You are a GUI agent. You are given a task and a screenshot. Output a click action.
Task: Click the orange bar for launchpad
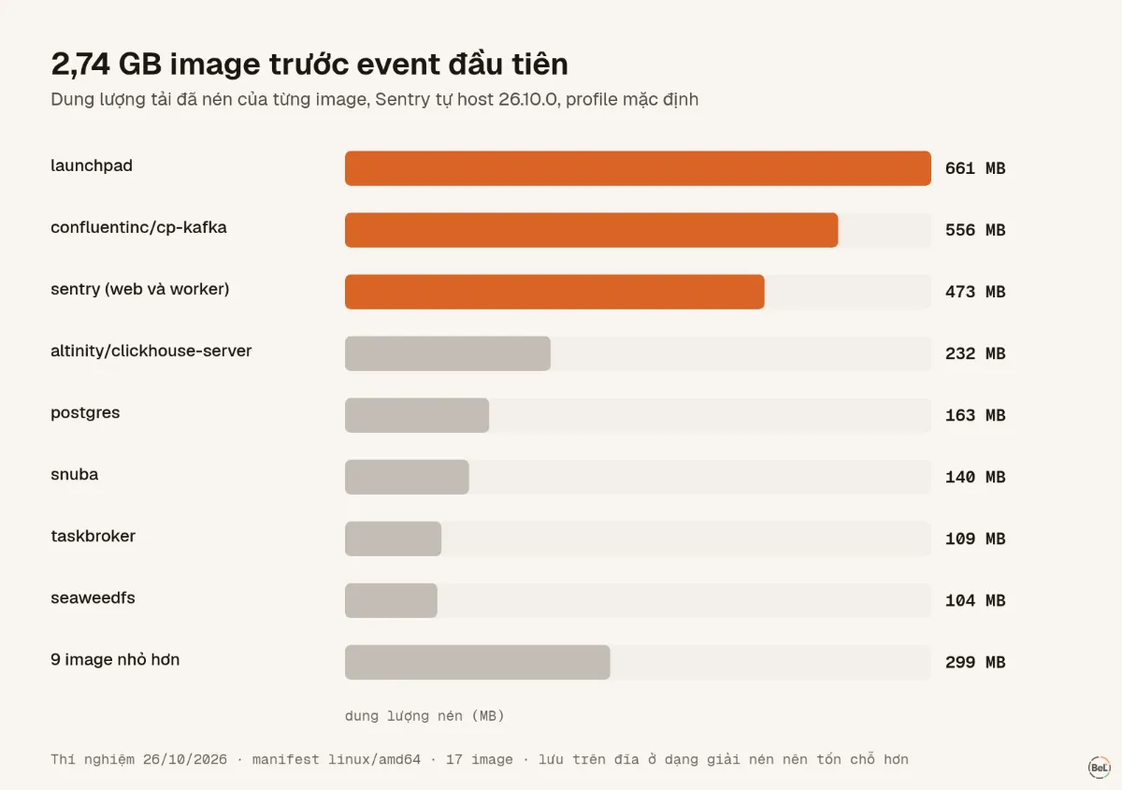[x=638, y=168]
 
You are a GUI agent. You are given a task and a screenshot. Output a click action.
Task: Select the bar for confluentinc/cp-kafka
[x=591, y=230]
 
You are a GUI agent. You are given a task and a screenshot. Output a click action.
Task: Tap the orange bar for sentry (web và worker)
[x=554, y=292]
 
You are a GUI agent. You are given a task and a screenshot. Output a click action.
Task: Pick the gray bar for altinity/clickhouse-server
[x=447, y=353]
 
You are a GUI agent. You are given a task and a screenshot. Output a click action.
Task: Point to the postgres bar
[x=417, y=415]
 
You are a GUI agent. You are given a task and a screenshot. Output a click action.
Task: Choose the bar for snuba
[x=407, y=477]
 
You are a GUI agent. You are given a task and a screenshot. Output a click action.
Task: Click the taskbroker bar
[x=393, y=539]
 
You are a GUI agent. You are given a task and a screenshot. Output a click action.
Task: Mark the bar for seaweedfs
[x=391, y=600]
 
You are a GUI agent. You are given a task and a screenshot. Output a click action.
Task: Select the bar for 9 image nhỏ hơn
[x=478, y=662]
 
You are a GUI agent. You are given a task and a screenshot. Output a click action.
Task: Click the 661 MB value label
[x=975, y=168]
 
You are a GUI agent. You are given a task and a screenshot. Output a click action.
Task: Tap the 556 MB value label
[x=975, y=230]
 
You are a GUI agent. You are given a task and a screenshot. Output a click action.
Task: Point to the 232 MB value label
[x=975, y=353]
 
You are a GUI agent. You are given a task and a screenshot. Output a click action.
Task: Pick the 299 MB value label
[x=975, y=662]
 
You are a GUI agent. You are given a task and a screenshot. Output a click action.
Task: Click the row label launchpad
[x=92, y=165]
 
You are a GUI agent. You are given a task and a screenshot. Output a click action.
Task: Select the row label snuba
[x=74, y=474]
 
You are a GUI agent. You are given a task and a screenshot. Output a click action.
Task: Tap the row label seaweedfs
[x=93, y=597]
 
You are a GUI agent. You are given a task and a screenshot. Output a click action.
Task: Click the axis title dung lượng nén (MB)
[x=424, y=716]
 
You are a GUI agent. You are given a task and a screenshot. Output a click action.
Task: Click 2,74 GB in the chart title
[x=107, y=65]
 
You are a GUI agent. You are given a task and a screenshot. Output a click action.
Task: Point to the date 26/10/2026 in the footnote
[x=185, y=759]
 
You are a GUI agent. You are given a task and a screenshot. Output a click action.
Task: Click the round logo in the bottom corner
[x=1100, y=768]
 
